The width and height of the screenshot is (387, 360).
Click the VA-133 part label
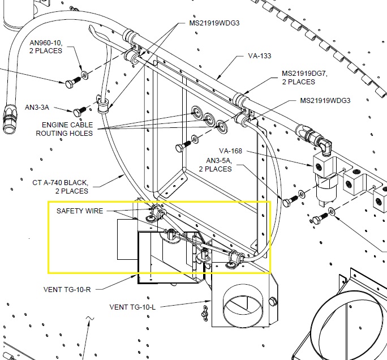259,56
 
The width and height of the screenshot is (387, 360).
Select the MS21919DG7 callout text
304,74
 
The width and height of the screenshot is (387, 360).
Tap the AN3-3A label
37,108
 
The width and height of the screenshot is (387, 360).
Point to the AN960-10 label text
46,42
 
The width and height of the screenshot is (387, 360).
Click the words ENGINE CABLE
67,125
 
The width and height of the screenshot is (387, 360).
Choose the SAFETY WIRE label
80,211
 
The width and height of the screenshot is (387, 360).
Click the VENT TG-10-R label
67,289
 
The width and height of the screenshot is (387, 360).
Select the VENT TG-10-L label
132,307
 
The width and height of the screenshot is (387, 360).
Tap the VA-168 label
230,151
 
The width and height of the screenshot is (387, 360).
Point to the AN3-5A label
218,161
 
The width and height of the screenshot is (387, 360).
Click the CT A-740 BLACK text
60,183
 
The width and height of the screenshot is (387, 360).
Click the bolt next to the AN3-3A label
79,112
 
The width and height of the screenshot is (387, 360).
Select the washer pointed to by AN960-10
85,74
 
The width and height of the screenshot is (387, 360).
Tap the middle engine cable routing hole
209,118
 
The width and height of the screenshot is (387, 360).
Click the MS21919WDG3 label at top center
214,23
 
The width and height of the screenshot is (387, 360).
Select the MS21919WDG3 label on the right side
325,101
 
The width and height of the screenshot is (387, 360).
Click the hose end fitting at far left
9,119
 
